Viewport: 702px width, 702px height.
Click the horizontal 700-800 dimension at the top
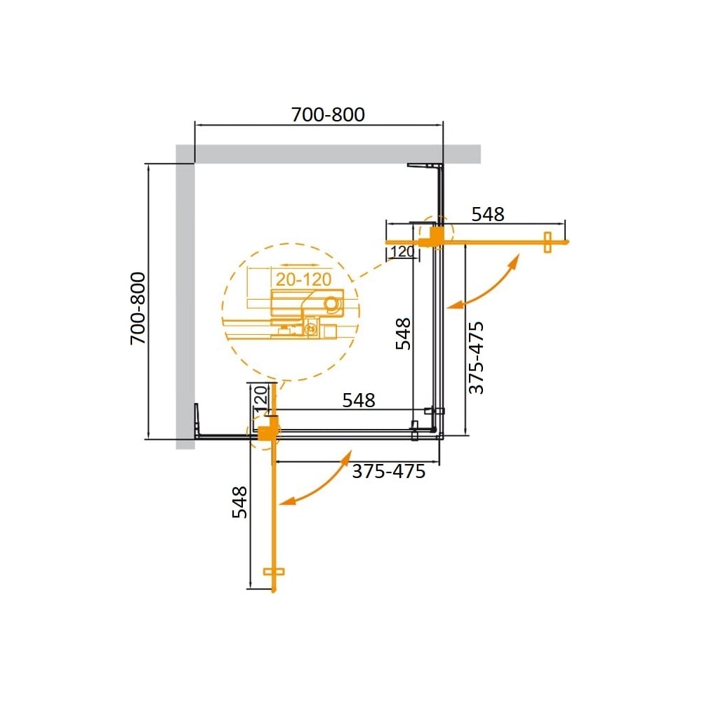(x=328, y=114)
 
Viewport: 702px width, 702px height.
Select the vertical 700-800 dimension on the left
(x=138, y=308)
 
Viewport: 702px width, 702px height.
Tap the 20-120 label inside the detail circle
(x=303, y=279)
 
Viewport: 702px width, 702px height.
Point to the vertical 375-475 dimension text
(x=476, y=358)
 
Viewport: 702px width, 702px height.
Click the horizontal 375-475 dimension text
(x=389, y=472)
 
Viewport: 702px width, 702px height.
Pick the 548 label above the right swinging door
(x=488, y=214)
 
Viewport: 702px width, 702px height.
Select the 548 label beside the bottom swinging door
(x=239, y=503)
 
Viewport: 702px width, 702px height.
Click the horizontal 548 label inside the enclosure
(x=359, y=400)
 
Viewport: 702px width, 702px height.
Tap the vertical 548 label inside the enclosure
(x=403, y=334)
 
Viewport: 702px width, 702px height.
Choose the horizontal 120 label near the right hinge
(x=402, y=251)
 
